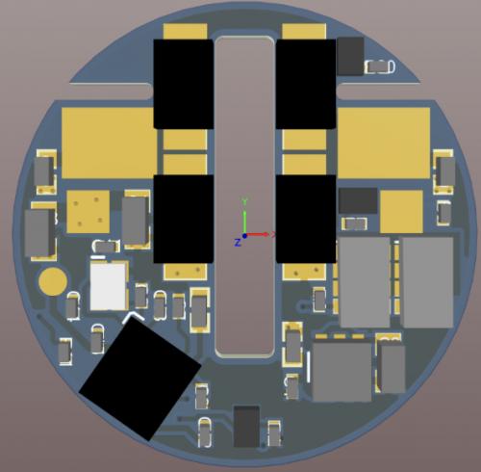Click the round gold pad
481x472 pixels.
pos(53,281)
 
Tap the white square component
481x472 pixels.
pos(108,286)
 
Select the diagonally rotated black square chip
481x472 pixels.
pos(140,379)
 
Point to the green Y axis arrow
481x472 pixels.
pos(244,217)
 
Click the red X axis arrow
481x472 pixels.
pos(257,234)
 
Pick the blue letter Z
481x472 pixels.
pos(238,243)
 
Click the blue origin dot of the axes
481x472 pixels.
pos(244,236)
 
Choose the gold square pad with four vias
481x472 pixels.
pos(89,212)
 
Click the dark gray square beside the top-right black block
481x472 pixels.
pos(350,56)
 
